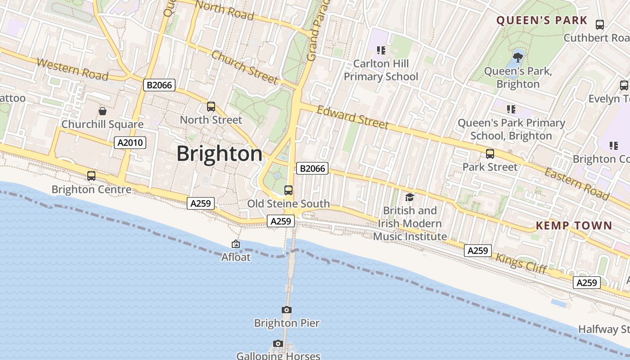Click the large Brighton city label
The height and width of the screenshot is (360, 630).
point(219,154)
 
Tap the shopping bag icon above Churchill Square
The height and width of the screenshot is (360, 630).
point(103,111)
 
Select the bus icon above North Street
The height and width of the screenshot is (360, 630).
point(211,107)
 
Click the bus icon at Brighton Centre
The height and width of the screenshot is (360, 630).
point(91,176)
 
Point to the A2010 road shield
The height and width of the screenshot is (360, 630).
point(130,143)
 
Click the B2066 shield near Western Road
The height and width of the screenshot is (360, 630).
point(159,85)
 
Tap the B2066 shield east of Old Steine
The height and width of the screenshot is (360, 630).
point(312,169)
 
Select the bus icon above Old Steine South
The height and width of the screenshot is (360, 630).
point(288,190)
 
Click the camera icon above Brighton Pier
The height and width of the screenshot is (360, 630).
point(287,310)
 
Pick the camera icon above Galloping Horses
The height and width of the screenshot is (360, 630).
point(278,344)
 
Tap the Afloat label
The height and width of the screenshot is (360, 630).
point(236,257)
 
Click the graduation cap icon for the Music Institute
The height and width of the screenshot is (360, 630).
point(409,197)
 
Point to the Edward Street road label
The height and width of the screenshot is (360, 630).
point(353,117)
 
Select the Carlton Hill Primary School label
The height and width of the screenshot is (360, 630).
point(381,70)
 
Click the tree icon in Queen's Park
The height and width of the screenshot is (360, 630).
point(518,57)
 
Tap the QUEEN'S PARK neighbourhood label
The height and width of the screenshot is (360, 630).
point(542,20)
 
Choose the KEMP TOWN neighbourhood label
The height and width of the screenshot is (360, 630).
point(574,226)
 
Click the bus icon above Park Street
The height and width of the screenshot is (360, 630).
point(490,154)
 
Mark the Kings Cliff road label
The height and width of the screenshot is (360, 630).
point(521,264)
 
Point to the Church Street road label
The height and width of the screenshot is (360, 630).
point(244,67)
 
